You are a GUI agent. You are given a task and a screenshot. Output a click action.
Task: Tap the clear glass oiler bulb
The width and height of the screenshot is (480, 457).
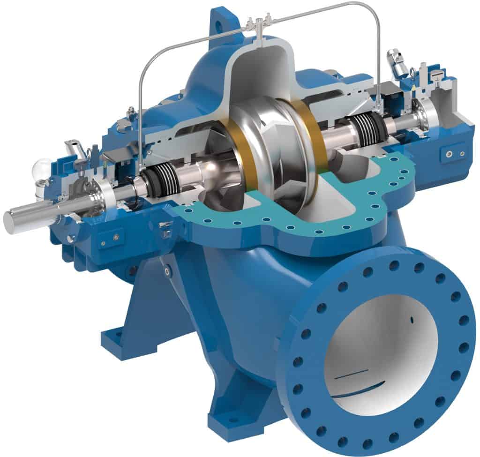coord(41,169)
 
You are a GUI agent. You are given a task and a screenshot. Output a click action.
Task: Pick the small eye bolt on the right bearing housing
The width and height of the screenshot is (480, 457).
coord(412,72)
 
